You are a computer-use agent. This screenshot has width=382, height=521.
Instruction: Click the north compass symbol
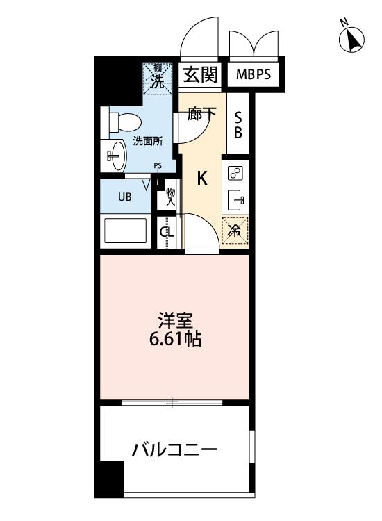point(351,38)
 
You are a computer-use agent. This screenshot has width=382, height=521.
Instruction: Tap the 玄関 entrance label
point(200,74)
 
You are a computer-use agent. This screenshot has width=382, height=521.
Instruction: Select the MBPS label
point(254,74)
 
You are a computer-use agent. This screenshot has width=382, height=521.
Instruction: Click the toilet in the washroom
point(125,122)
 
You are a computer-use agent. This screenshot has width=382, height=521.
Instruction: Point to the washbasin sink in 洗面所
point(116,155)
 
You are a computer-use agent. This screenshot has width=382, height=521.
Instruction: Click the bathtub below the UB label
point(125,231)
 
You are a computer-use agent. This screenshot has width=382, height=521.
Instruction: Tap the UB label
point(125,197)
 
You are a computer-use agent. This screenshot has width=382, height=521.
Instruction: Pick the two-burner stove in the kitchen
point(235,173)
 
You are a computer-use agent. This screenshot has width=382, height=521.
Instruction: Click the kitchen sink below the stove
point(236,200)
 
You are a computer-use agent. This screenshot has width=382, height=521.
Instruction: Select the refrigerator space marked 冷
point(235,230)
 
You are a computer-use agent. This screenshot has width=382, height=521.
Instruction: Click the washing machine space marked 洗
point(158,78)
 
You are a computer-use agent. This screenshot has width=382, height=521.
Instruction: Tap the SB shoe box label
point(238,124)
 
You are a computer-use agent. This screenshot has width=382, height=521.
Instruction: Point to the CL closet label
point(167,232)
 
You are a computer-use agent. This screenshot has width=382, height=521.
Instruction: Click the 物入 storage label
point(170,197)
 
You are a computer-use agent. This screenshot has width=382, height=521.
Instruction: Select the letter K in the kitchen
point(202,178)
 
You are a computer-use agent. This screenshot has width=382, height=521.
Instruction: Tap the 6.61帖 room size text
point(175,339)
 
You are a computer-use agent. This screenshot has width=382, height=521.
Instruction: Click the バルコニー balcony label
point(174,450)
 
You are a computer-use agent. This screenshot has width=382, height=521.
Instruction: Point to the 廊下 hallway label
point(201,114)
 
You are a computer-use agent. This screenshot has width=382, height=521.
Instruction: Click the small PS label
point(158,166)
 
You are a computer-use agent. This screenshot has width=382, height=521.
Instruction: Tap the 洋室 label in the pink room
point(175,320)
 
